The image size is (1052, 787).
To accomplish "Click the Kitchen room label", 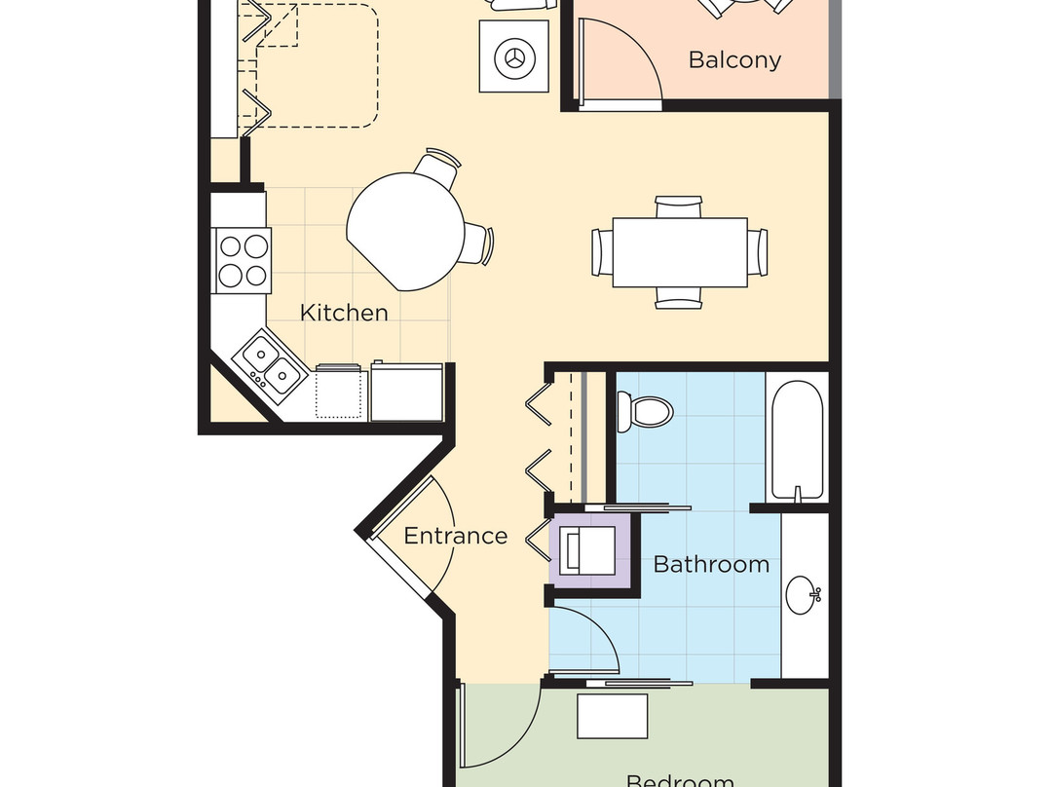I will (x=343, y=313).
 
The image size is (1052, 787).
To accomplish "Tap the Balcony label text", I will (x=734, y=59).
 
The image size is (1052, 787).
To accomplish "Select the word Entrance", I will (x=455, y=536).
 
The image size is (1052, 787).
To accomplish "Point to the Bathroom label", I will (x=711, y=564).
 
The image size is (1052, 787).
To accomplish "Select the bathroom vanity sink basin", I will (x=804, y=594).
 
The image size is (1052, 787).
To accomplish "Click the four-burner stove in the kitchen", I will (x=243, y=258).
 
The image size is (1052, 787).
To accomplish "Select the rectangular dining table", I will (x=680, y=252).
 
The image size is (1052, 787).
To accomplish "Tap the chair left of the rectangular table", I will (x=602, y=252).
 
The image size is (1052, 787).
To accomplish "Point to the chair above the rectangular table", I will (x=679, y=206).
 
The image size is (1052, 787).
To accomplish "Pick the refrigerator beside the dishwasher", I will (x=407, y=392).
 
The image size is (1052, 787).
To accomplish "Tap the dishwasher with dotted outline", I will (x=341, y=393).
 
